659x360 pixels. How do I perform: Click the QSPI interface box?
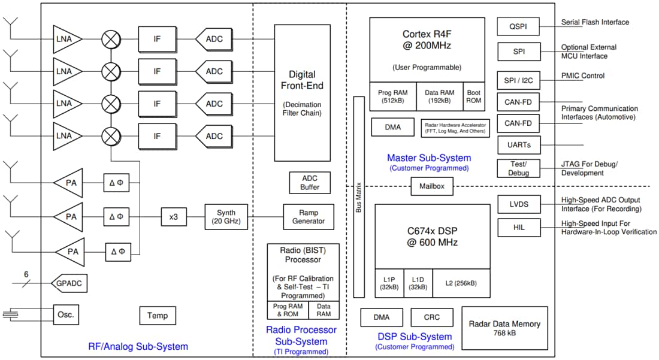(x=518, y=26)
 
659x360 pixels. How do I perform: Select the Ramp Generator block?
(x=309, y=217)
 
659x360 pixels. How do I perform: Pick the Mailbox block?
(x=431, y=186)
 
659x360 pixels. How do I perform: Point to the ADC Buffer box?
(x=310, y=183)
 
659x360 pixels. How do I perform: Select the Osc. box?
(x=65, y=315)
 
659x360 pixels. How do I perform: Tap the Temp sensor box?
(x=158, y=315)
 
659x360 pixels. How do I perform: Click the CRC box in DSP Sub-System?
(x=432, y=317)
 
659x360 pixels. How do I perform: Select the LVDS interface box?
(x=519, y=204)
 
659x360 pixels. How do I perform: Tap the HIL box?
(x=519, y=228)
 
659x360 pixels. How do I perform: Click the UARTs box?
(x=519, y=145)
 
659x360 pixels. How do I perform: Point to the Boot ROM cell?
(x=474, y=96)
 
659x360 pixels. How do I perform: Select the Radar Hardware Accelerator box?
(x=456, y=127)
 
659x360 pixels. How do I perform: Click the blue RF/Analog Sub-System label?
(x=138, y=346)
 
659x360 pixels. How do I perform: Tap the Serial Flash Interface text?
(x=595, y=22)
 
